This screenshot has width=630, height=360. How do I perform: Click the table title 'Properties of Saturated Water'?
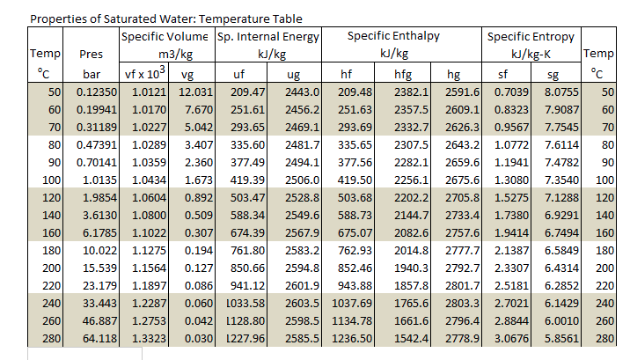point(166,18)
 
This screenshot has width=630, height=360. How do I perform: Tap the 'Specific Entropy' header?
point(531,37)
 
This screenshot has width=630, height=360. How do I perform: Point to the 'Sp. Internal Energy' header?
point(267,37)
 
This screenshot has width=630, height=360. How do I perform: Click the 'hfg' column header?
point(404,74)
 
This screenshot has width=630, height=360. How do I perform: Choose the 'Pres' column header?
point(92,55)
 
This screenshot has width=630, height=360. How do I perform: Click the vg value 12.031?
point(194,92)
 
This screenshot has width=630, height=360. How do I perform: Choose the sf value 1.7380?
point(511,215)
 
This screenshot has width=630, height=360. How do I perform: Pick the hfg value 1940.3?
point(410,268)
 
